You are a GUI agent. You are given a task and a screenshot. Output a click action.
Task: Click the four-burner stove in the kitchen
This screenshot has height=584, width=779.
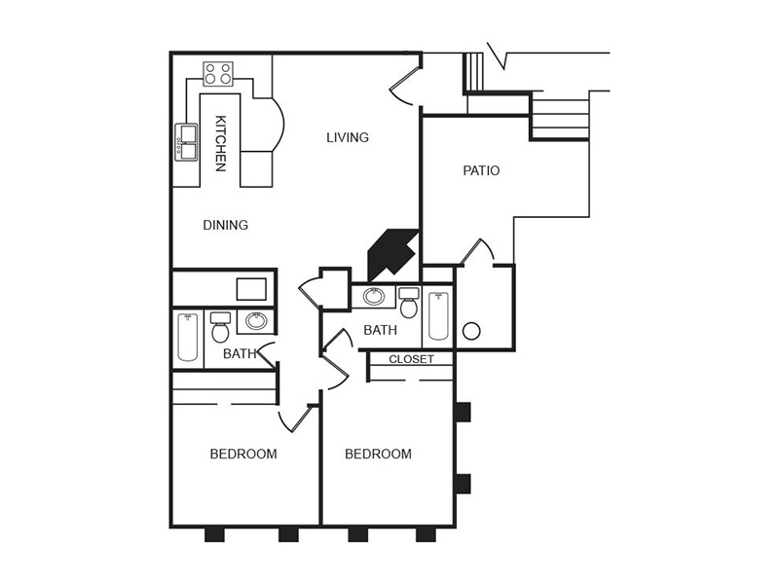point(218,73)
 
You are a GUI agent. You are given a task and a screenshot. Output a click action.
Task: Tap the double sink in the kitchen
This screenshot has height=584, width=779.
point(186,142)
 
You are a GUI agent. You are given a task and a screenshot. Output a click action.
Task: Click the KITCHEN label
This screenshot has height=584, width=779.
point(221,143)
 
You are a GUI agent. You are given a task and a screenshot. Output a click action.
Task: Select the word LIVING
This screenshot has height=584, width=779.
point(348,137)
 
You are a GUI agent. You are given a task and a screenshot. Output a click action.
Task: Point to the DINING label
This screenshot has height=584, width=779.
point(225,225)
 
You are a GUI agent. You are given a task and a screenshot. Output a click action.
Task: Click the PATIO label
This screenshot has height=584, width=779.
point(481,170)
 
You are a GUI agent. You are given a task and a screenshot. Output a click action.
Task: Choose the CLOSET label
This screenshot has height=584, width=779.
point(411,359)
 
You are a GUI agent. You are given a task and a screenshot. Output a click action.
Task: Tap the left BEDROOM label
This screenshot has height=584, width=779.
point(243,454)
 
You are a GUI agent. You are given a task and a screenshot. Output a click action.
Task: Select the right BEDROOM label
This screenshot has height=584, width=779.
point(378,454)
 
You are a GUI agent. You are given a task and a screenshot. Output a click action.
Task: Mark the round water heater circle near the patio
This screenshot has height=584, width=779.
point(471,331)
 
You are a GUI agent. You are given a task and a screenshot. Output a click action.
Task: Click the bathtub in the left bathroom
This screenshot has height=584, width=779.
point(188,337)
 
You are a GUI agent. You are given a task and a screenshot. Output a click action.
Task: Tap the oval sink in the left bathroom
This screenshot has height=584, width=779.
point(257,321)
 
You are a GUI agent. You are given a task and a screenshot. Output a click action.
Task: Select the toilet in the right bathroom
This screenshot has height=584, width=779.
point(409,304)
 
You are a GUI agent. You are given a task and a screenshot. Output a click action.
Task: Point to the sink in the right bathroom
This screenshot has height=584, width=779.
point(374,297)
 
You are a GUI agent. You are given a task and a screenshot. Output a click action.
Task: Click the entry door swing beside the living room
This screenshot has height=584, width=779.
point(403,90)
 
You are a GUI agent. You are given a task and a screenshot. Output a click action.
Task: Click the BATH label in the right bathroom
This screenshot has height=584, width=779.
point(380,330)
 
